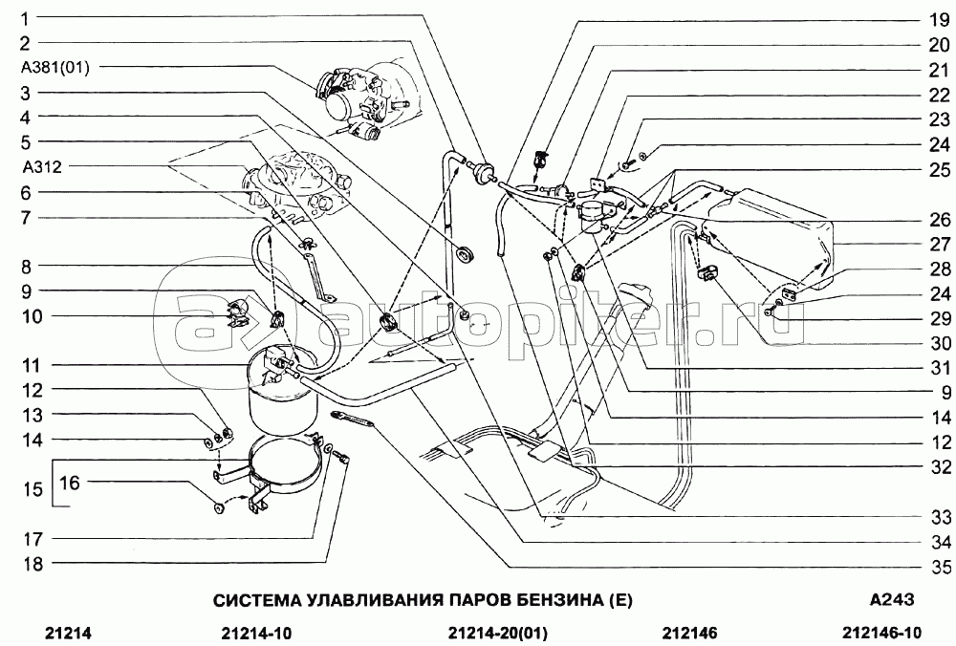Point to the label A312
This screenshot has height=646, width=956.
pyautogui.click(x=41, y=166)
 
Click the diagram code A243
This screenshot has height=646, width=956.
pyautogui.click(x=892, y=600)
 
